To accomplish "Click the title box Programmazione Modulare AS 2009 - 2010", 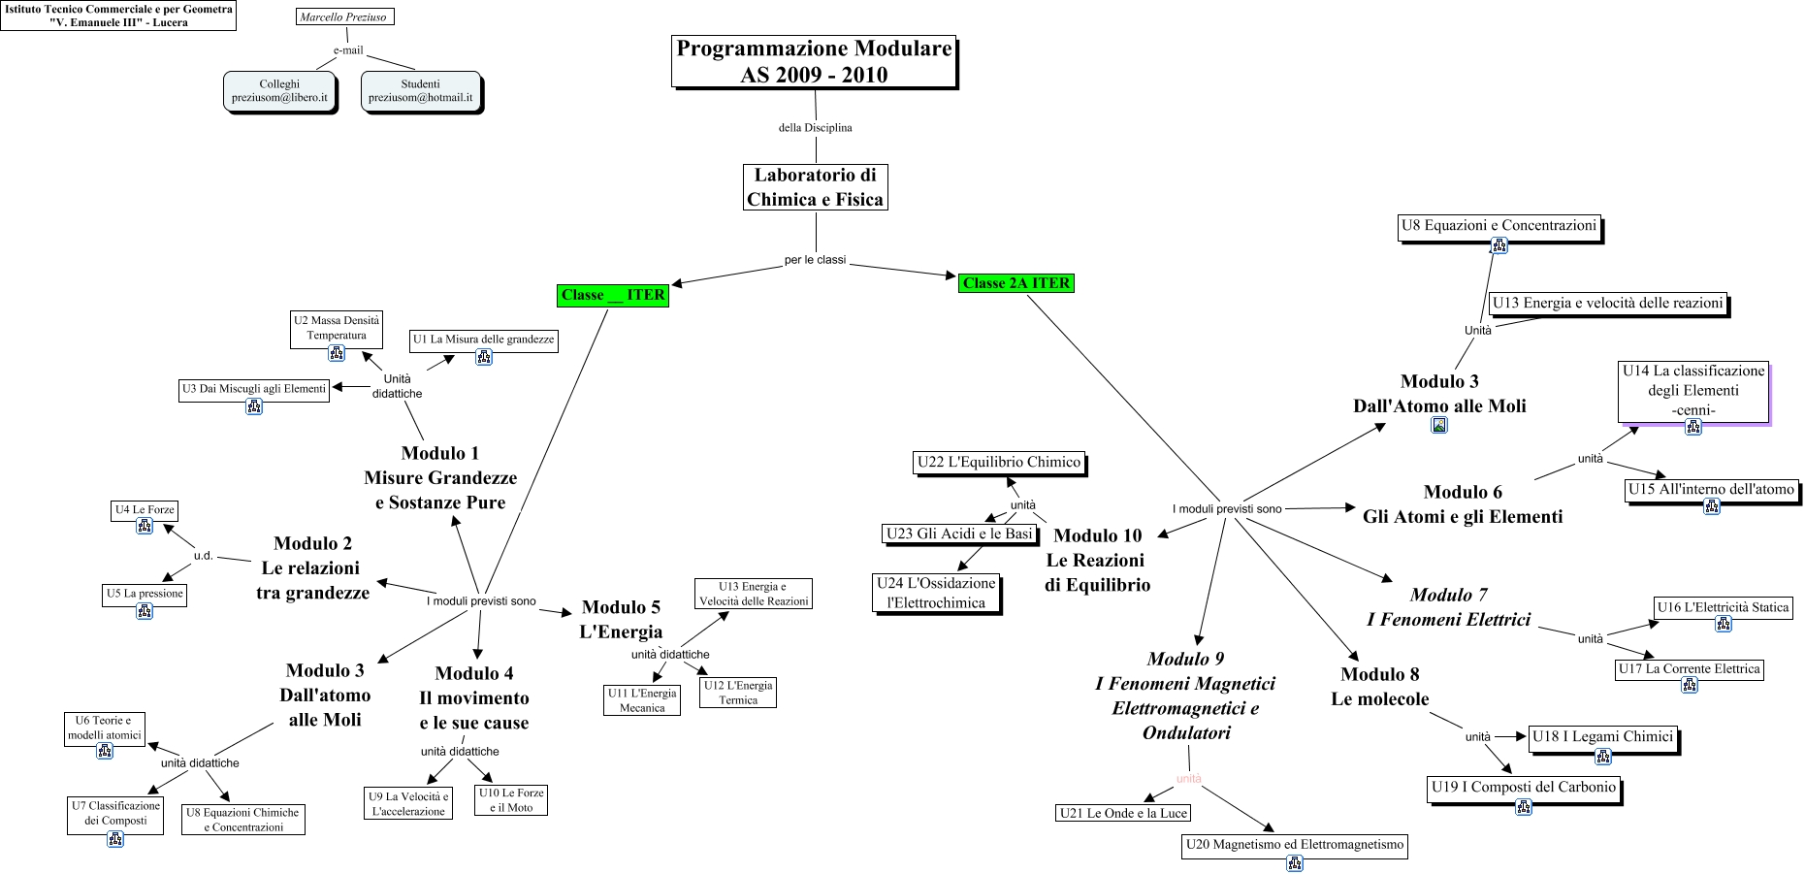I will (x=814, y=62).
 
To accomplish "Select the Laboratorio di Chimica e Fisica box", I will (x=815, y=187).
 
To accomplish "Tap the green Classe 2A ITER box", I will (x=1015, y=283).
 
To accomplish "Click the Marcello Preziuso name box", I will (x=343, y=16).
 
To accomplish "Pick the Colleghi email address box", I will (x=279, y=91).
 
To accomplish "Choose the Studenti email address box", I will (x=420, y=91).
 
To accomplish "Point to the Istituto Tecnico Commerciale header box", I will (x=118, y=16).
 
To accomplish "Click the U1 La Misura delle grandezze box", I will (x=483, y=340).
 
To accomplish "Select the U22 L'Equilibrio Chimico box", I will (x=999, y=463).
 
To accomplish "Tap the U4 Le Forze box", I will (x=145, y=510).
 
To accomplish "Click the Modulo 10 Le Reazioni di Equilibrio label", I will (x=1097, y=561).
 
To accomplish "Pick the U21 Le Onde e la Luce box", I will (x=1123, y=813).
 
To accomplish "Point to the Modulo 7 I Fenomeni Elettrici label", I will (x=1448, y=607).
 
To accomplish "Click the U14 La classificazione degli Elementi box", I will (x=1692, y=391).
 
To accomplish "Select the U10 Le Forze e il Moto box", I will (x=511, y=799).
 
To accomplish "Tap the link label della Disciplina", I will (x=815, y=127).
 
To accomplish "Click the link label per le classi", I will (x=815, y=260).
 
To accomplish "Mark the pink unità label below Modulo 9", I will (x=1188, y=778).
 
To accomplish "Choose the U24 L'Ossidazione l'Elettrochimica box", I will (x=936, y=593).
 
